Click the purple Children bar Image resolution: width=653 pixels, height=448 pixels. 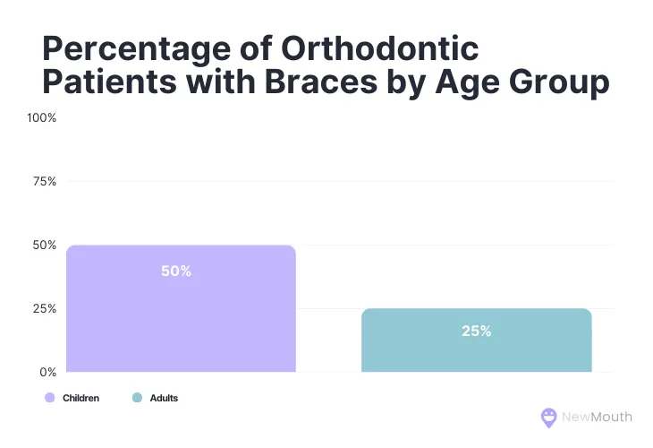pos(181,309)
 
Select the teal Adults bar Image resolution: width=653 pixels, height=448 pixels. pos(476,340)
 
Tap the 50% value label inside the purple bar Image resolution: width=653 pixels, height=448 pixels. pos(176,271)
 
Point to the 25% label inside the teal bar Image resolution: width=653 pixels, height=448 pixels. pos(476,331)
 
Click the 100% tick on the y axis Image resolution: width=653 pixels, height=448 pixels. pos(42,118)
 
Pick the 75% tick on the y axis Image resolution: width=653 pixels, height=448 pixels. pos(44,181)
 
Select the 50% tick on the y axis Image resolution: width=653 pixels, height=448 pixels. pos(44,245)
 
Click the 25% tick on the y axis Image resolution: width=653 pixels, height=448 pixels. pos(44,308)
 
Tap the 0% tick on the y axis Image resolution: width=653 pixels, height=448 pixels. pos(47,371)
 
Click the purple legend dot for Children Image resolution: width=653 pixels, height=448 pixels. pos(49,398)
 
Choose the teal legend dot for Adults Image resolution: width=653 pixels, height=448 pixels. pos(137,398)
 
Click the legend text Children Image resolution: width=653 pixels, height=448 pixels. pos(81,398)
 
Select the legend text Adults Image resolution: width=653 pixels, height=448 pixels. pos(164,398)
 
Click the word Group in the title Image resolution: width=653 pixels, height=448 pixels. pos(555,82)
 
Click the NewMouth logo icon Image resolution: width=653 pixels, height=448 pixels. pos(549,418)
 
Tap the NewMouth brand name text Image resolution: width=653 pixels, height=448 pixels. pos(597,417)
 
